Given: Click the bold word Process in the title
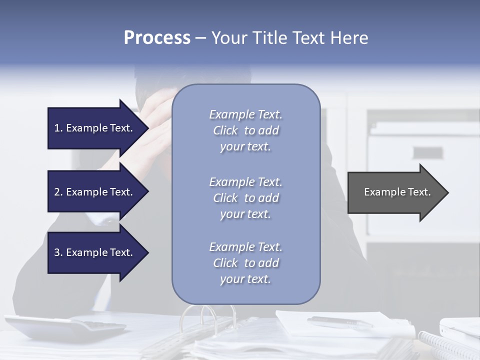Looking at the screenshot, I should [157, 37].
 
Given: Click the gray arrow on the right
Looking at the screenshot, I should [395, 192].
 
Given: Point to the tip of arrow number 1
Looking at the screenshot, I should [147, 128].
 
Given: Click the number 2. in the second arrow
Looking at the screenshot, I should [58, 192].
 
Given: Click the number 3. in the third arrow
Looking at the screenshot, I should [58, 252].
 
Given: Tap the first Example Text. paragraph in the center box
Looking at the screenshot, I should [245, 130].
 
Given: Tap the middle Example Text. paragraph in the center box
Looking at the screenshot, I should [245, 198].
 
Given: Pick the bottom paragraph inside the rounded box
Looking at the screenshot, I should [245, 263].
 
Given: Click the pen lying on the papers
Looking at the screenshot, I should [340, 321].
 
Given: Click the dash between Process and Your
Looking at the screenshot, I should [201, 38].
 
